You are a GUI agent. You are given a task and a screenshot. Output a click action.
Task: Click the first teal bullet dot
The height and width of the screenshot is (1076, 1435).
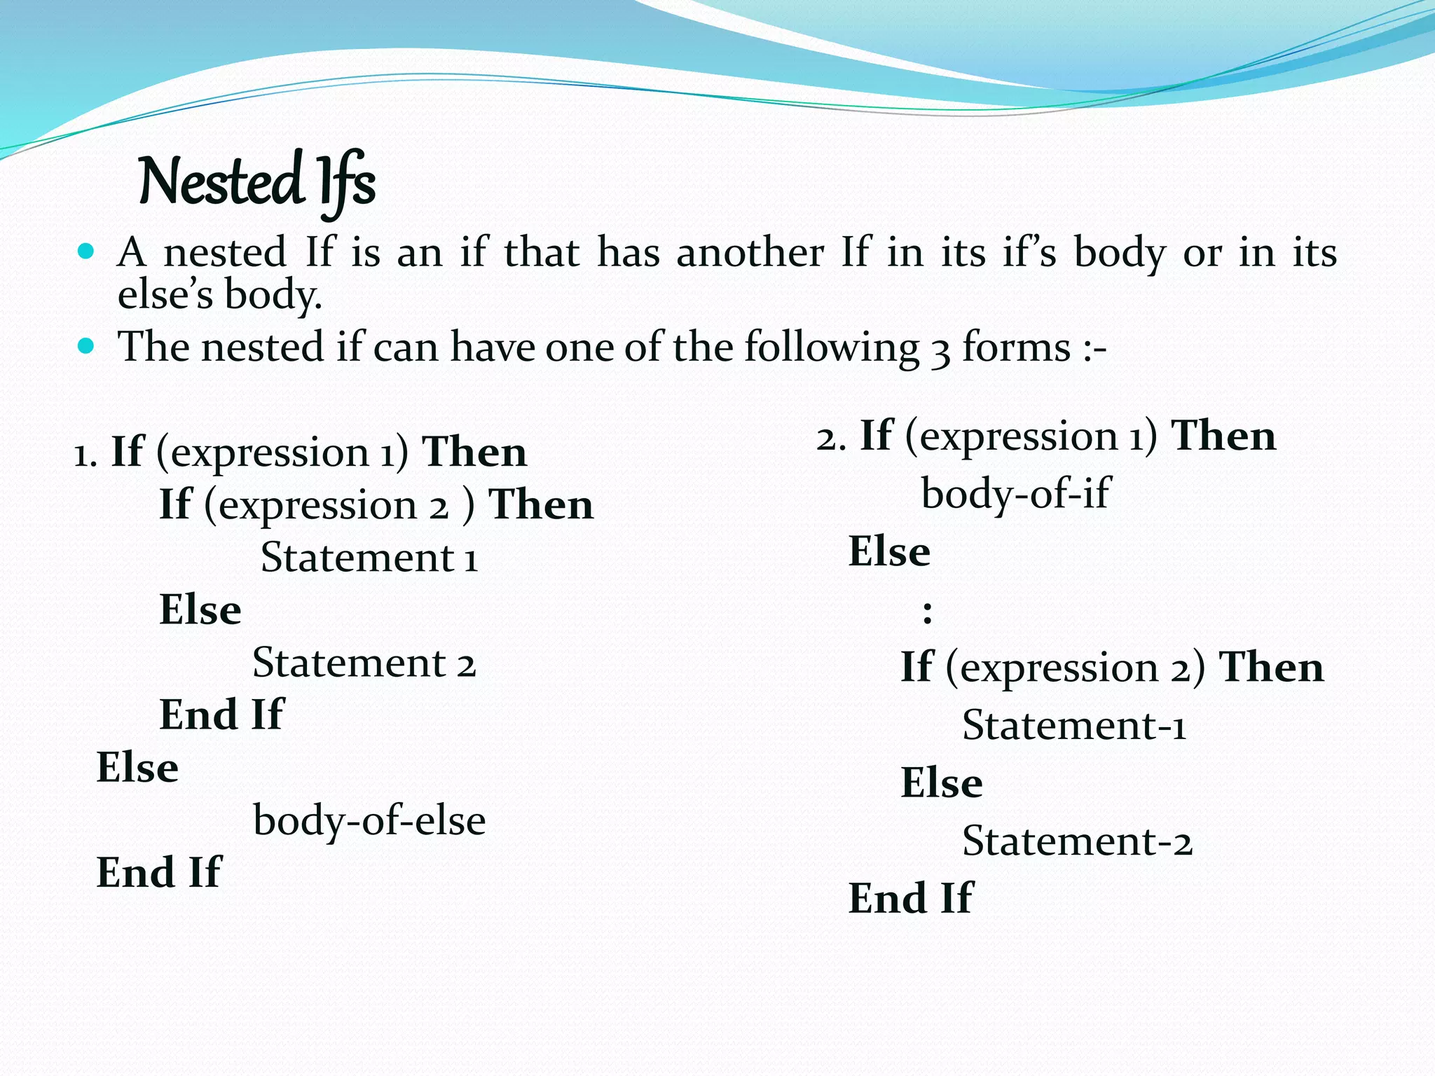click(85, 251)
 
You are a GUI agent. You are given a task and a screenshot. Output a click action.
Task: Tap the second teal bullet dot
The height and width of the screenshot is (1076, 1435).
click(85, 346)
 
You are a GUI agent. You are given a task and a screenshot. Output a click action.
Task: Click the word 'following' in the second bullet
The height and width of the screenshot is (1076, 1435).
click(832, 348)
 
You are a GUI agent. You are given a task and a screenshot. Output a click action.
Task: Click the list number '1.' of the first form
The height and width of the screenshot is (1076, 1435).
click(85, 455)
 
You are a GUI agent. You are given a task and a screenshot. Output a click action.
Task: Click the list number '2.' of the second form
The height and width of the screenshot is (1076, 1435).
click(831, 438)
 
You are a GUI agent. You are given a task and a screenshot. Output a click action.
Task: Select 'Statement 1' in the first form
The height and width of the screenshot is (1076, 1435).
click(369, 558)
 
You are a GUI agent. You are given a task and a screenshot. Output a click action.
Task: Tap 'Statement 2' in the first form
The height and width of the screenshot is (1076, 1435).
click(364, 663)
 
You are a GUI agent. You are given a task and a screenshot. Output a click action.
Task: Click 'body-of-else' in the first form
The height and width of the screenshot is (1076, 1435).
click(369, 820)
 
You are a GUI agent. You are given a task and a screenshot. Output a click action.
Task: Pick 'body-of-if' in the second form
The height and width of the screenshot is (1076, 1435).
click(1015, 494)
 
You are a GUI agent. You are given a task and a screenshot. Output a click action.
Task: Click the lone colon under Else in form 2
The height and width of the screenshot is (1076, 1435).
click(927, 612)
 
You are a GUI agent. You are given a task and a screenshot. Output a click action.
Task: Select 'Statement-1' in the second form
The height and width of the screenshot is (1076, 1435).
click(1073, 726)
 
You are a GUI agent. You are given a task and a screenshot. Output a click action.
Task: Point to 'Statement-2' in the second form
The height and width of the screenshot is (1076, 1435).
click(1077, 841)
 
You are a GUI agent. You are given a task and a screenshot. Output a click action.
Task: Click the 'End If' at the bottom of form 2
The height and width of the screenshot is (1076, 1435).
click(910, 899)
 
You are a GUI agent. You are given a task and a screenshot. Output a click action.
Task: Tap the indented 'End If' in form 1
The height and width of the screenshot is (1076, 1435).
click(221, 715)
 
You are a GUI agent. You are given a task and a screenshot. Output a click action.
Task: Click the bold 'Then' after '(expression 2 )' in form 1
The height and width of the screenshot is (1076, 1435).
click(541, 505)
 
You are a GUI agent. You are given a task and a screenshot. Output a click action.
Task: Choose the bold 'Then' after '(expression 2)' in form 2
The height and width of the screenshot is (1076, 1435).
click(1271, 667)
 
